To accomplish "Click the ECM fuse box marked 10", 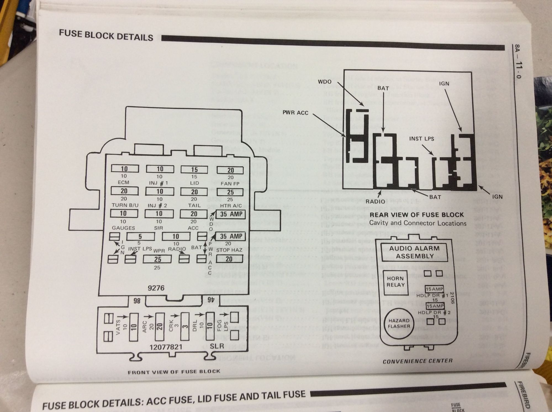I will pyautogui.click(x=125, y=169).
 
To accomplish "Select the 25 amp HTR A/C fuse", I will pyautogui.click(x=230, y=192).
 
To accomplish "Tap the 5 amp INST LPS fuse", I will pyautogui.click(x=140, y=236).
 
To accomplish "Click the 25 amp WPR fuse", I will pyautogui.click(x=157, y=259).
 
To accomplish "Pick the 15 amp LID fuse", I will pyautogui.click(x=194, y=169).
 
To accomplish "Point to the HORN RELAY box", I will pyautogui.click(x=395, y=282).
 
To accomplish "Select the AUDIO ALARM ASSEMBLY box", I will pyautogui.click(x=414, y=252).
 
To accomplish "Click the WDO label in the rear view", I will pyautogui.click(x=324, y=82).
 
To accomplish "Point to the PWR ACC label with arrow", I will pyautogui.click(x=295, y=113).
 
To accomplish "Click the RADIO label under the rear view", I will pyautogui.click(x=375, y=201).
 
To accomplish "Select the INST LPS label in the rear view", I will pyautogui.click(x=421, y=139).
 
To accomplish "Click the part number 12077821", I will pyautogui.click(x=166, y=347).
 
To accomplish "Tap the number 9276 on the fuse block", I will pyautogui.click(x=156, y=288).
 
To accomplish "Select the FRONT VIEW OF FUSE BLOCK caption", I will pyautogui.click(x=174, y=372).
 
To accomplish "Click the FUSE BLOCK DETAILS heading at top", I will pyautogui.click(x=106, y=36).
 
